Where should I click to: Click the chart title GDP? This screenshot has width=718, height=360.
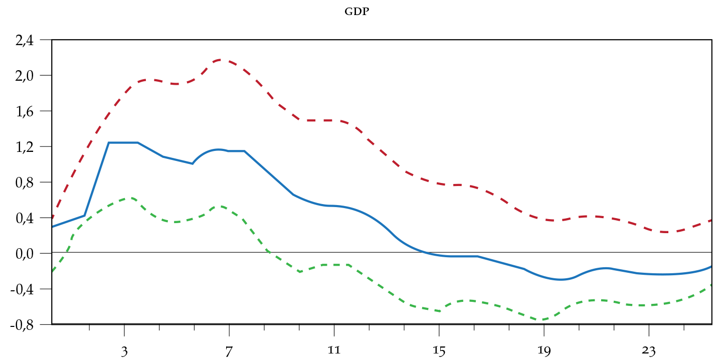click(356, 12)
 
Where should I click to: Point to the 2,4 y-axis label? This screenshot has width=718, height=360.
click(24, 41)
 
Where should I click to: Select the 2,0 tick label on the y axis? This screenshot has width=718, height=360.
click(24, 76)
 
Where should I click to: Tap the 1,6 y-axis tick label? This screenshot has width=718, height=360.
click(24, 111)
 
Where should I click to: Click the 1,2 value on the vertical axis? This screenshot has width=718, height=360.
click(24, 147)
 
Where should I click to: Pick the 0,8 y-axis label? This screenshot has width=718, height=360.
click(24, 183)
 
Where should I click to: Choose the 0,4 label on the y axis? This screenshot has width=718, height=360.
click(24, 218)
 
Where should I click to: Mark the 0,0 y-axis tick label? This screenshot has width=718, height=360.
click(24, 254)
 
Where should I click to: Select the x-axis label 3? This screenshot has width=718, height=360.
click(124, 351)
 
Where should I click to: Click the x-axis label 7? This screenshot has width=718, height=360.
click(229, 351)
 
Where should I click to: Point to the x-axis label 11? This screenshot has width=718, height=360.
click(334, 351)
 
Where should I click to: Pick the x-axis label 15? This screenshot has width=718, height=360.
click(439, 351)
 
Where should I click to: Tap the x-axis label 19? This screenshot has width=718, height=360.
click(544, 351)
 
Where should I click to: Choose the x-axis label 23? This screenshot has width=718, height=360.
click(648, 351)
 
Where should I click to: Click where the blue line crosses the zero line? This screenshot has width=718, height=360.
click(424, 252)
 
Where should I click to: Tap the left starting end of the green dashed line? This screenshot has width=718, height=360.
click(53, 271)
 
